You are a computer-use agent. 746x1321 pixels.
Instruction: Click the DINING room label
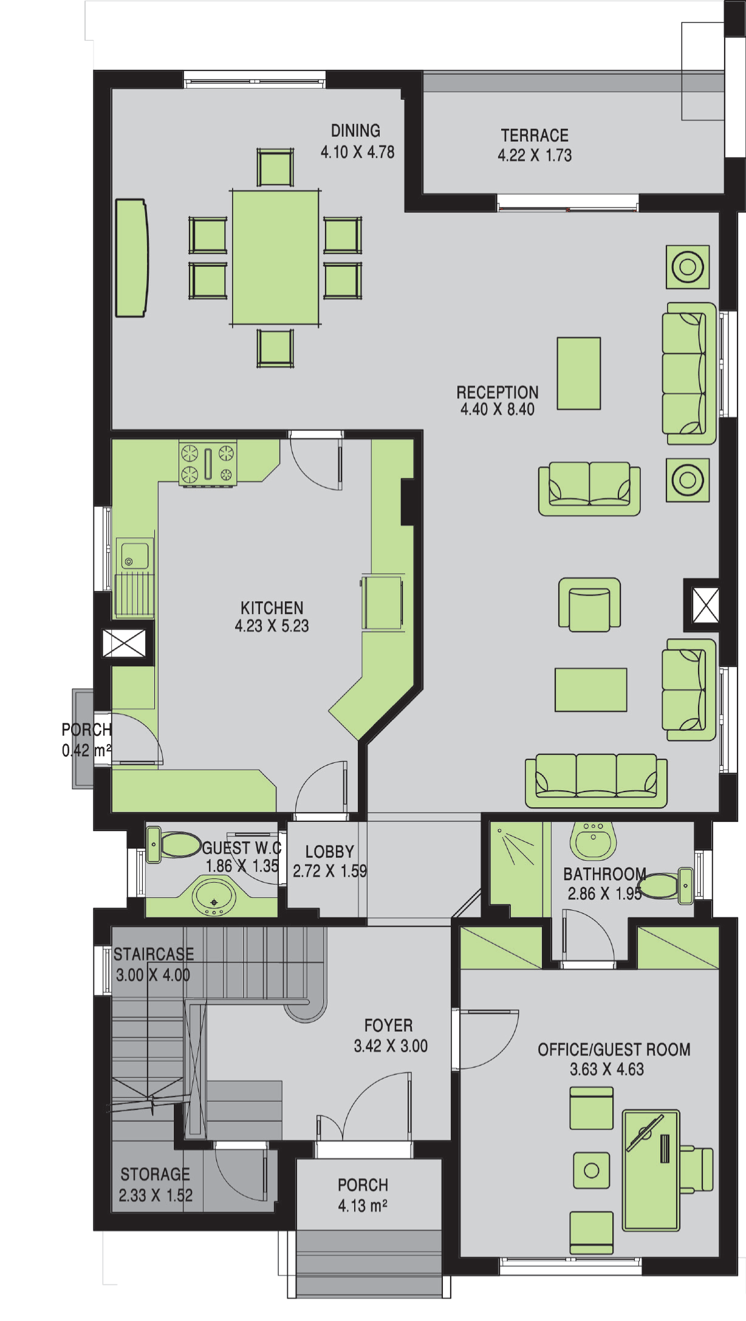pyautogui.click(x=355, y=131)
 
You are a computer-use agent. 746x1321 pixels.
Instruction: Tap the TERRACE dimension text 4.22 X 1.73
pyautogui.click(x=535, y=155)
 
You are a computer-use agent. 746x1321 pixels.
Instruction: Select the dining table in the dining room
pyautogui.click(x=276, y=258)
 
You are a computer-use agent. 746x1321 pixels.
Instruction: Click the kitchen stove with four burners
pyautogui.click(x=208, y=464)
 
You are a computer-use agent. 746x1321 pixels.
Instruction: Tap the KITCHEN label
pyautogui.click(x=272, y=608)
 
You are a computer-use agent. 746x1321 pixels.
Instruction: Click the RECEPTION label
pyautogui.click(x=498, y=392)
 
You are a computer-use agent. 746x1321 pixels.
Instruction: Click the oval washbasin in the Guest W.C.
pyautogui.click(x=214, y=896)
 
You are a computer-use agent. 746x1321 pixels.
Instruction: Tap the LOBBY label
pyautogui.click(x=329, y=851)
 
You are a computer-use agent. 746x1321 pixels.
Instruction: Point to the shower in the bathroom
pyautogui.click(x=516, y=869)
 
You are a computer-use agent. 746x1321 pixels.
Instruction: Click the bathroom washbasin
pyautogui.click(x=594, y=841)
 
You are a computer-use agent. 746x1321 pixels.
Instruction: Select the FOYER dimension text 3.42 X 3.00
pyautogui.click(x=391, y=1046)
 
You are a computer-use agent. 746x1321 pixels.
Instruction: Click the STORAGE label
pyautogui.click(x=155, y=1174)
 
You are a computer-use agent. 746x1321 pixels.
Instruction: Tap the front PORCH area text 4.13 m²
pyautogui.click(x=363, y=1205)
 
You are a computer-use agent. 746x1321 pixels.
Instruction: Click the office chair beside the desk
pyautogui.click(x=697, y=1170)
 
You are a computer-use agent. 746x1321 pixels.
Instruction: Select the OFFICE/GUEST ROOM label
pyautogui.click(x=614, y=1049)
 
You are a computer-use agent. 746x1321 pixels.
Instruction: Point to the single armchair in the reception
pyautogui.click(x=589, y=604)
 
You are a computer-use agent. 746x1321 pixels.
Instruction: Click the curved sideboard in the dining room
pyautogui.click(x=131, y=258)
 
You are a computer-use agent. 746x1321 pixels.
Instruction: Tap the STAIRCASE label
pyautogui.click(x=154, y=954)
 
